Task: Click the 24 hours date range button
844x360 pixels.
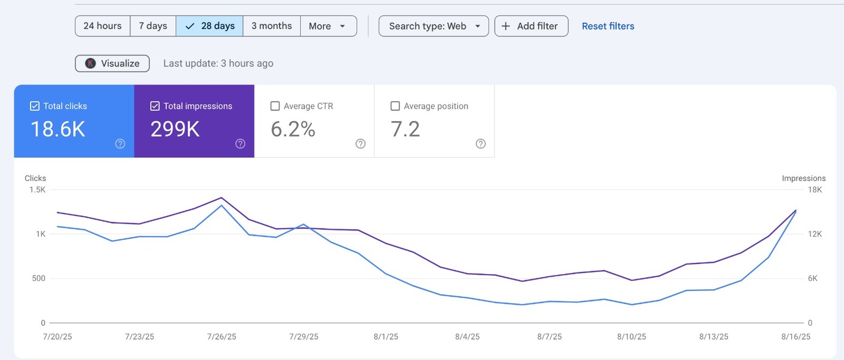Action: coord(102,26)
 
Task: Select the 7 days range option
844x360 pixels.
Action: coord(153,26)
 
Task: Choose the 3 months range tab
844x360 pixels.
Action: coord(271,26)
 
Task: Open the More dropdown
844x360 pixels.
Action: coord(328,26)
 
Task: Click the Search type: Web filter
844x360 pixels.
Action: coord(434,26)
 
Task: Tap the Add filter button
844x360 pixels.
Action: coord(531,26)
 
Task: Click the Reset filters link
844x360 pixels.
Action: coord(608,26)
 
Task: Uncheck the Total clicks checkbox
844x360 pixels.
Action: coord(35,106)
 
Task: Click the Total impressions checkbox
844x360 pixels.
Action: coord(155,106)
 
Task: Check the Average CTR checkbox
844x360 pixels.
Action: coord(275,106)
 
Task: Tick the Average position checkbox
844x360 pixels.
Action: coord(395,106)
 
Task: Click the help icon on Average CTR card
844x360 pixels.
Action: coord(360,143)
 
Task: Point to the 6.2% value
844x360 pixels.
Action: coord(293,129)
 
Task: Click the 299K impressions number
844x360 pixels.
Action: coord(175,129)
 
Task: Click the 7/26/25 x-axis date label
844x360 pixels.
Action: coord(222,337)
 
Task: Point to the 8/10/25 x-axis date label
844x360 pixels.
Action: coord(631,337)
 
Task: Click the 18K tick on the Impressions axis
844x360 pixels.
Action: coord(815,190)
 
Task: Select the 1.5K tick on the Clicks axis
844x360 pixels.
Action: coord(37,190)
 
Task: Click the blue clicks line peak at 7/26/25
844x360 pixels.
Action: coord(222,206)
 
